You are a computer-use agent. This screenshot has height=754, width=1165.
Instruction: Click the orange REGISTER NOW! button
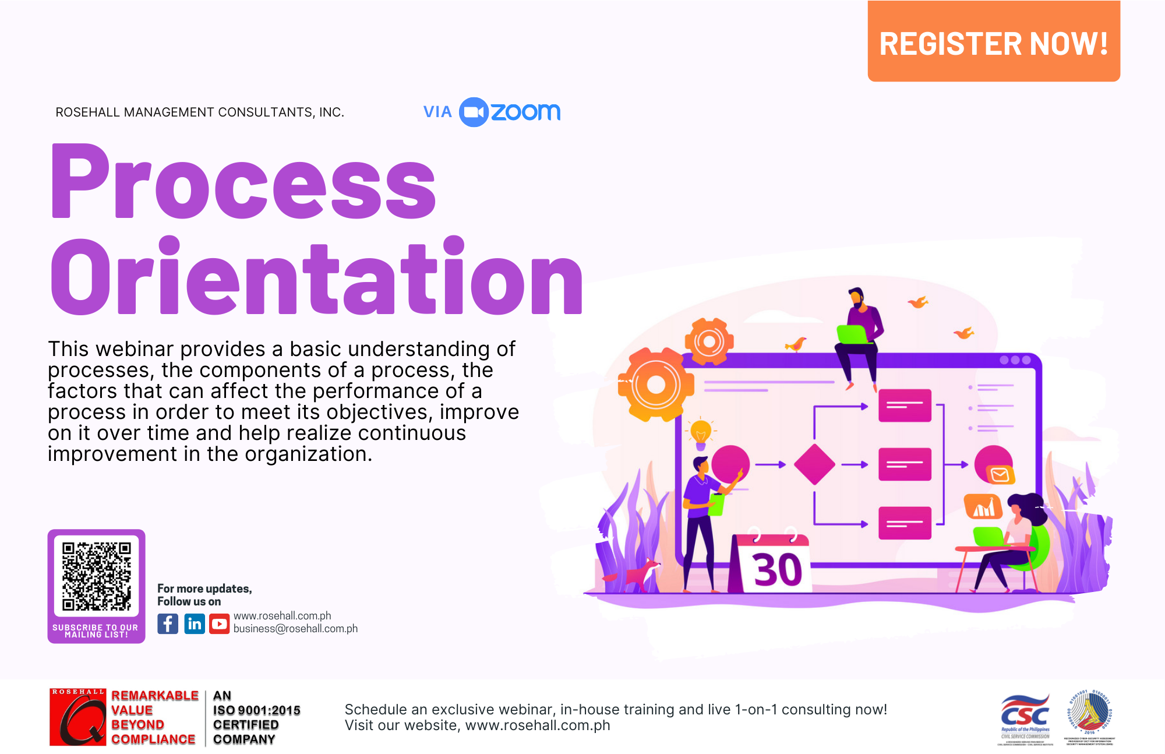point(993,42)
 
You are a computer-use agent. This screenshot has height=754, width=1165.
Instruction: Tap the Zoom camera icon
point(474,112)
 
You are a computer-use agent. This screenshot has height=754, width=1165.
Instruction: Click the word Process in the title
point(243,182)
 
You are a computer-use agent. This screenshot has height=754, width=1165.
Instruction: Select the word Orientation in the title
point(316,277)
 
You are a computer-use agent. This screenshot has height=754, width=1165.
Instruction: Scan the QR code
point(97,576)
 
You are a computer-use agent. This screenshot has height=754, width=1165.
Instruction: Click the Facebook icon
point(168,624)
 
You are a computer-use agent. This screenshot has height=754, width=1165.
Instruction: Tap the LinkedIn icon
point(195,624)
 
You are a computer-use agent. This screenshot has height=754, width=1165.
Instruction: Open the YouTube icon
point(220,624)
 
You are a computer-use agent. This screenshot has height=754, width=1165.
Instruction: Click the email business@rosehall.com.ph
point(295,629)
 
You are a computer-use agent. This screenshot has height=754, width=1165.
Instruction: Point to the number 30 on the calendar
point(777,569)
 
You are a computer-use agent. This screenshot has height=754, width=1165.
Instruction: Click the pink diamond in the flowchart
point(814,464)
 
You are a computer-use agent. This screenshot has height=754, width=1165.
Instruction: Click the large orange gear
point(656,385)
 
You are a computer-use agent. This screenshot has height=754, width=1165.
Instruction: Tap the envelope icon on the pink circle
point(1000,474)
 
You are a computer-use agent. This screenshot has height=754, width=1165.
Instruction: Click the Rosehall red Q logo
point(77,718)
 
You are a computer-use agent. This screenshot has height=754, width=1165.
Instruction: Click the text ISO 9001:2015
point(256,710)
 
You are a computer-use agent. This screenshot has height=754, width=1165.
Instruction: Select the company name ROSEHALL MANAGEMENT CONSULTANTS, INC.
point(200,112)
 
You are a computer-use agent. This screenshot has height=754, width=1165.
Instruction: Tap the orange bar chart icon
point(983,507)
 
